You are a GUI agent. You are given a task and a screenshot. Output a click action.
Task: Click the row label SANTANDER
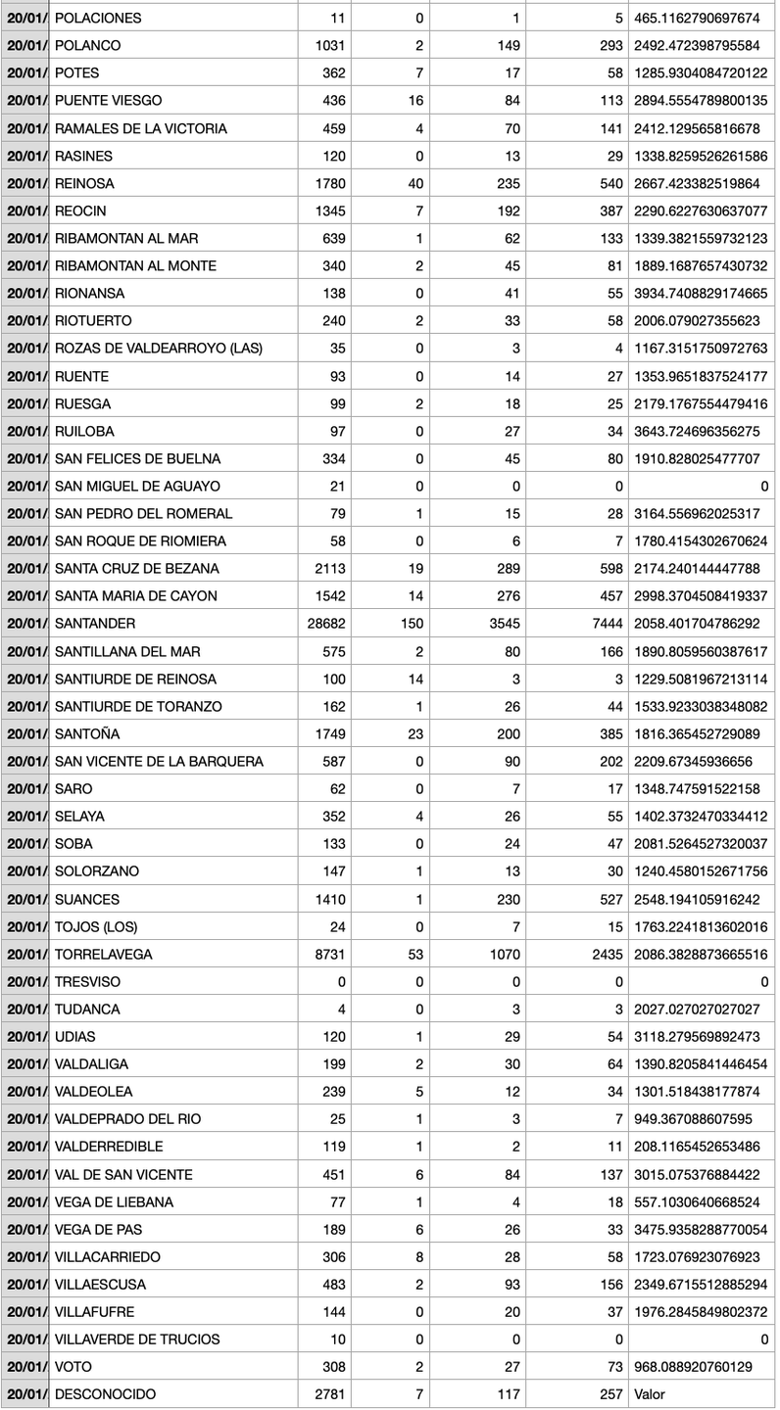[95, 624]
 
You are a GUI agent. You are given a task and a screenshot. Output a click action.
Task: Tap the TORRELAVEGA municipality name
[104, 954]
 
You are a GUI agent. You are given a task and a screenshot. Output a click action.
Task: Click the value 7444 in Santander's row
[596, 624]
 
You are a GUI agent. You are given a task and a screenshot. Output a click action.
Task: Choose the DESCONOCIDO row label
[105, 1393]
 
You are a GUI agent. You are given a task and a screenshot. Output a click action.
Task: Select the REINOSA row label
[84, 183]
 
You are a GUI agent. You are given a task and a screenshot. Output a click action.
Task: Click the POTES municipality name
[77, 73]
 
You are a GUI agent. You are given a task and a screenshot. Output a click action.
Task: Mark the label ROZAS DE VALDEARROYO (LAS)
[159, 348]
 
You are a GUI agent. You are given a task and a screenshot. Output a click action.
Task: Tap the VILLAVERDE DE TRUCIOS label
[138, 1339]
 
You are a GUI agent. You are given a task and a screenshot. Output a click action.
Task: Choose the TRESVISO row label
[88, 981]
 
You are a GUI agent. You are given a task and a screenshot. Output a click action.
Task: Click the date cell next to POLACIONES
[24, 19]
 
